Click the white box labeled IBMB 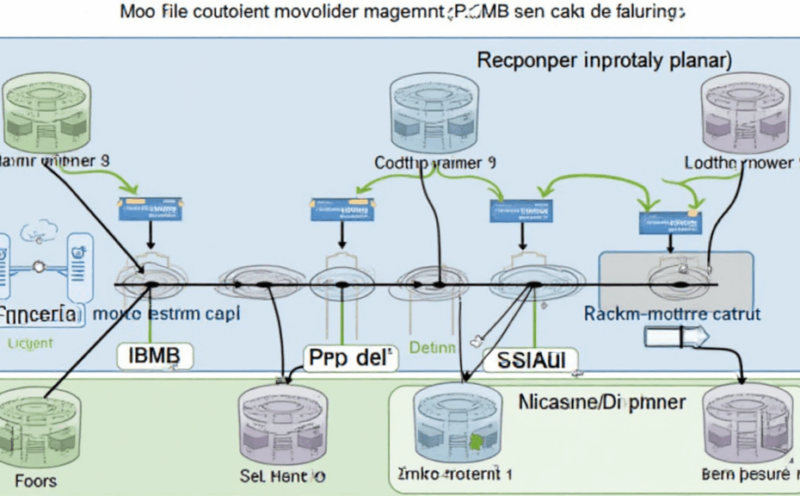(x=155, y=354)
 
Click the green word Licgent (x=29, y=343)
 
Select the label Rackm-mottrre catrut (x=672, y=314)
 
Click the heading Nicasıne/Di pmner (x=601, y=401)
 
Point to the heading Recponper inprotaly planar (x=604, y=61)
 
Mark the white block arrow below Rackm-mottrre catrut (x=675, y=336)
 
